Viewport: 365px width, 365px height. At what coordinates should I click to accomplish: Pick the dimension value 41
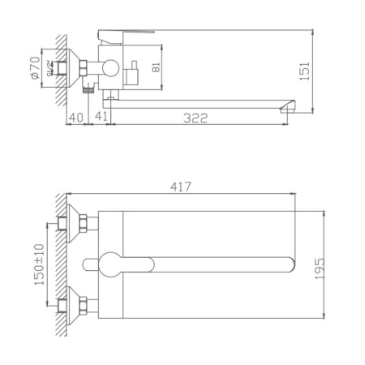(102, 118)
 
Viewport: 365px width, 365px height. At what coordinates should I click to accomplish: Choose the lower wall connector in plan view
(83, 306)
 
